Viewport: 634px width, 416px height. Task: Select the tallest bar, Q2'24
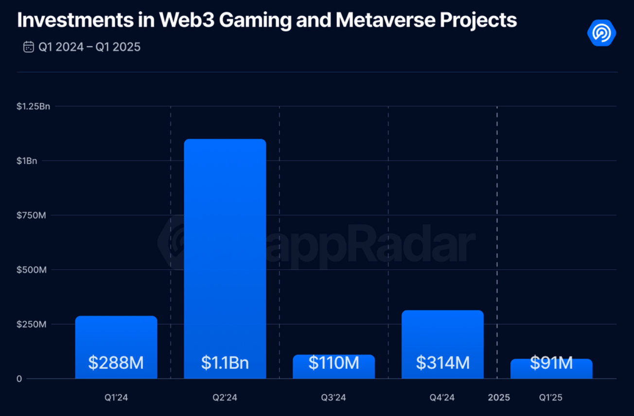pyautogui.click(x=225, y=243)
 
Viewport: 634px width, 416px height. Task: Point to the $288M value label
pyautogui.click(x=116, y=363)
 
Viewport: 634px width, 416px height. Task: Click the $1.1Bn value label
pyautogui.click(x=225, y=363)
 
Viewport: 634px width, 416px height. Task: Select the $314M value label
pyautogui.click(x=442, y=363)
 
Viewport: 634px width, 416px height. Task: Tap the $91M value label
pyautogui.click(x=551, y=363)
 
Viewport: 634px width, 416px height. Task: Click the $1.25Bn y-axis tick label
pyautogui.click(x=33, y=106)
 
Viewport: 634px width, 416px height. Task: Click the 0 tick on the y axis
pyautogui.click(x=19, y=379)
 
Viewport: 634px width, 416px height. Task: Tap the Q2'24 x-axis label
pyautogui.click(x=225, y=398)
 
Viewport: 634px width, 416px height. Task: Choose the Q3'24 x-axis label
pyautogui.click(x=334, y=398)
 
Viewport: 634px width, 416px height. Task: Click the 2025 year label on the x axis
pyautogui.click(x=499, y=398)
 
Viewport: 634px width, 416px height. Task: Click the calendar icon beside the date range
pyautogui.click(x=29, y=47)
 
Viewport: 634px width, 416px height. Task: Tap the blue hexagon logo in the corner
pyautogui.click(x=601, y=33)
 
